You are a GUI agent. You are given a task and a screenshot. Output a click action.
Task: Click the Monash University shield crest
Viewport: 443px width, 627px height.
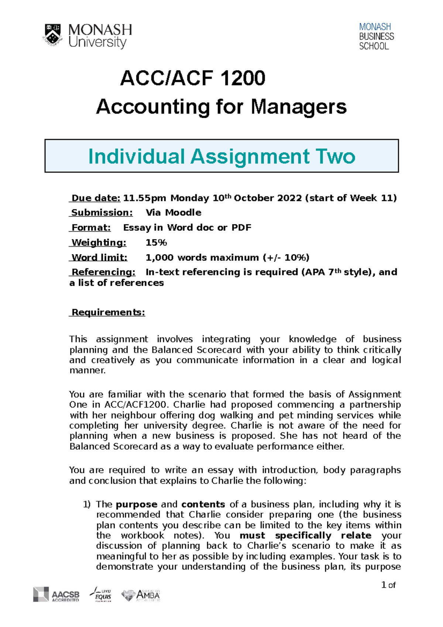tap(53, 35)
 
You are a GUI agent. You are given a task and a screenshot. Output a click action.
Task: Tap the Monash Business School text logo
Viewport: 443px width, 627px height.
tap(376, 36)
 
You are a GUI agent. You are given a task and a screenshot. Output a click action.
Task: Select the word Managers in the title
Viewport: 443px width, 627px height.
tap(299, 107)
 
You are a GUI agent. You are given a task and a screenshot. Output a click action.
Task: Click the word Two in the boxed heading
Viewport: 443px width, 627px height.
tap(335, 156)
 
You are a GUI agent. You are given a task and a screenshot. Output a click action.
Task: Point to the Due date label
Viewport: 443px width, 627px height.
tap(96, 198)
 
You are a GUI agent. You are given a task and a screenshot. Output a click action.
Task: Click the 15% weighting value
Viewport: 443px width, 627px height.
tap(156, 243)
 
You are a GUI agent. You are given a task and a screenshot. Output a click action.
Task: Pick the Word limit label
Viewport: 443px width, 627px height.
tap(99, 257)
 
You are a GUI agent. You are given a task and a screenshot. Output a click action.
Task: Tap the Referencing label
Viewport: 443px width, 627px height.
tap(103, 272)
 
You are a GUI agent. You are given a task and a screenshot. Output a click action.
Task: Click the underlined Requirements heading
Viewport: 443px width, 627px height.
tap(108, 312)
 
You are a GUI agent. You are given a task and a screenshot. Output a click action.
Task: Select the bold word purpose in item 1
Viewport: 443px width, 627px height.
tap(137, 504)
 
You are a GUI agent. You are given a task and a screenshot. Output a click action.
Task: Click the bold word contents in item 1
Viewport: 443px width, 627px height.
tap(203, 504)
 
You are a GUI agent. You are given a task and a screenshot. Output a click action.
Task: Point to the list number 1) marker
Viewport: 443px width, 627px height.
tap(86, 504)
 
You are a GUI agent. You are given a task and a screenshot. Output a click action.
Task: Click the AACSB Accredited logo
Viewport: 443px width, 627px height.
tap(56, 594)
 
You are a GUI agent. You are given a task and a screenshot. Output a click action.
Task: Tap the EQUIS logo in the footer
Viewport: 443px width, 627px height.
tap(101, 594)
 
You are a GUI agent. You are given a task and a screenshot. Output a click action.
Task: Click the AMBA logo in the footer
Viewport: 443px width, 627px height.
tap(141, 595)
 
